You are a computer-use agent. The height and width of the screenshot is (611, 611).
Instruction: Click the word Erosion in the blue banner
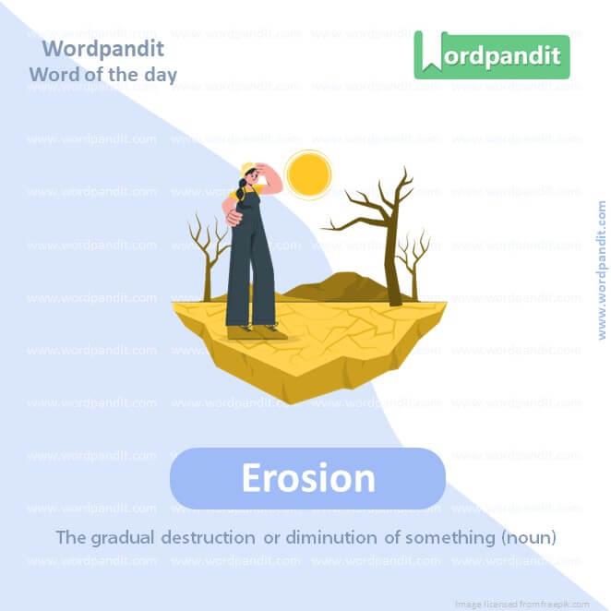(307, 479)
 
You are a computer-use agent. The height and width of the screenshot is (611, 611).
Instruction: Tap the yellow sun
(308, 174)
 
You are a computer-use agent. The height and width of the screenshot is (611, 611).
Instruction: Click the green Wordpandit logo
(491, 55)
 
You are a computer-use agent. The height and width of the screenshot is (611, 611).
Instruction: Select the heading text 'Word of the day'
(102, 74)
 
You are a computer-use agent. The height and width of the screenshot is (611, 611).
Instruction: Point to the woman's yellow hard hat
(248, 169)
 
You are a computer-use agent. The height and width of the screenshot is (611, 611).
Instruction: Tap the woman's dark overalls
(251, 268)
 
